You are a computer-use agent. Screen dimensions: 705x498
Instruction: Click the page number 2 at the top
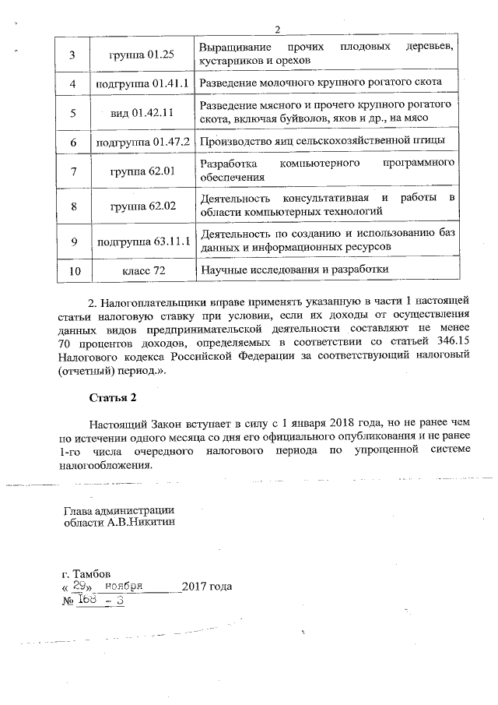point(276,30)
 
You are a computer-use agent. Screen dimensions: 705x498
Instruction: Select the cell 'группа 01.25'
point(142,54)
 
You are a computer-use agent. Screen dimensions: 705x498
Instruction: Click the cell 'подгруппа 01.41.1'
point(142,83)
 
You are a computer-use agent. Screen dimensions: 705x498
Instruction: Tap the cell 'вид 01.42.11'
point(142,112)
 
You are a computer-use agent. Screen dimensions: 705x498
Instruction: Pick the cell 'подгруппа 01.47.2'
point(142,142)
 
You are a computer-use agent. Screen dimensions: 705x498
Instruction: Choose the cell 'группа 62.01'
point(142,171)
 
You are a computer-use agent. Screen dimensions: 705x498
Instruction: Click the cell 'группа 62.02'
point(142,206)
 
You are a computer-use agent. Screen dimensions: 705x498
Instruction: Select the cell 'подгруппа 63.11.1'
point(142,241)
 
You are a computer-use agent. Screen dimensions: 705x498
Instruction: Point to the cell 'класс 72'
point(142,270)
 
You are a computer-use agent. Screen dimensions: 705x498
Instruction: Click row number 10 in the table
point(75,270)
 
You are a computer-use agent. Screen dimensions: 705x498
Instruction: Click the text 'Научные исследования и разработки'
point(293,270)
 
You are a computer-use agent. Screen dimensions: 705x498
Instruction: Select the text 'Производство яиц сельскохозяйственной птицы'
point(322,142)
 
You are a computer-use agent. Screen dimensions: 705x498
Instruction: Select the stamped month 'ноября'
point(124,586)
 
